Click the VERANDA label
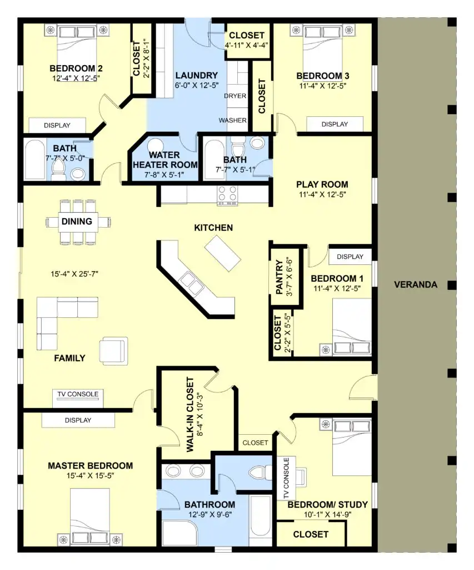416,284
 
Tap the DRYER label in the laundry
235,96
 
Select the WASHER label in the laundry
233,120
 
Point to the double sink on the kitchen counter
192,283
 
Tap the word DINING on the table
77,222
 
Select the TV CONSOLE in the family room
78,398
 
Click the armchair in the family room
113,351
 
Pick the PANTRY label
279,277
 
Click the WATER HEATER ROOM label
165,160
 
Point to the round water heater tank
155,145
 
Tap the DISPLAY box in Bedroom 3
335,124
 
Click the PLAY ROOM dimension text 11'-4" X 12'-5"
322,194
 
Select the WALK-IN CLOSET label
190,414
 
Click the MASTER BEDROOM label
91,466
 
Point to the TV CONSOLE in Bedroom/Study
286,478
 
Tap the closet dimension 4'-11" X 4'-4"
247,45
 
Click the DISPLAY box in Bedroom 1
350,257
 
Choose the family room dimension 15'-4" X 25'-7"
74,274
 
